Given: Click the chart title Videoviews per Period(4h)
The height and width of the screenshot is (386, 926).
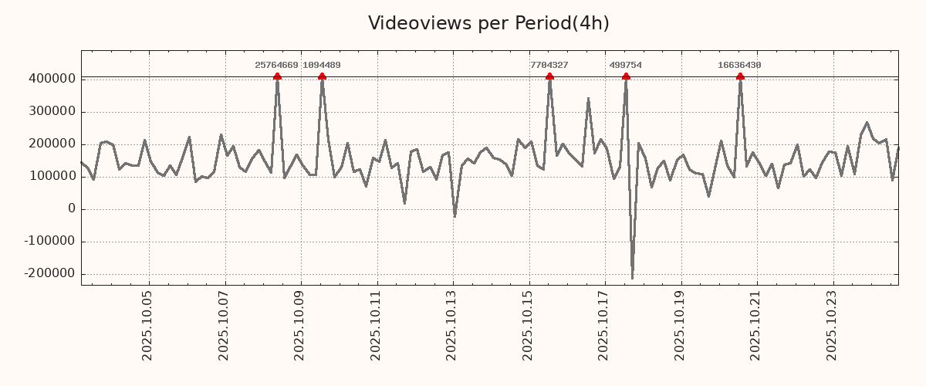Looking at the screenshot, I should coord(488,23).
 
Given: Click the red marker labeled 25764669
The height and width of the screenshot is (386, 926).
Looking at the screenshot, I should coord(277,76).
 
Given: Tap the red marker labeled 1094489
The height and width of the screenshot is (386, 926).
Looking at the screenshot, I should coord(322,76).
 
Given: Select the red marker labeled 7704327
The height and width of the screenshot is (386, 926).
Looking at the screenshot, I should coord(549,76).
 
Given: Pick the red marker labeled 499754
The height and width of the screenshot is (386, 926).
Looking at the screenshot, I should coord(626,76).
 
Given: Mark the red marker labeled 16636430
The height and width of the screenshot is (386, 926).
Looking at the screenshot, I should coord(740,76).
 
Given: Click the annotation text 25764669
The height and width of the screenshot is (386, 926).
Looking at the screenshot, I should coord(276,65).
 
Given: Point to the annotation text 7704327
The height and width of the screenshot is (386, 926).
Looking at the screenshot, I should coord(549,65).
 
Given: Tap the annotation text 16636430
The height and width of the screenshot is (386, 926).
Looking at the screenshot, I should coord(739,65).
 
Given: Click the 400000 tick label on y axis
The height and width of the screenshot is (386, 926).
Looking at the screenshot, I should coord(52,79).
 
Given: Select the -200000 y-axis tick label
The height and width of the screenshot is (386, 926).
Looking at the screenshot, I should coord(49,273).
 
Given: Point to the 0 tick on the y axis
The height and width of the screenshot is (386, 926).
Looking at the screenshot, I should coord(72,208).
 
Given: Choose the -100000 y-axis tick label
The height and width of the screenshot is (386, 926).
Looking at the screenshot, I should coord(49,241).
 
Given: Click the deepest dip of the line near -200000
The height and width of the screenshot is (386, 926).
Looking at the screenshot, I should coord(632,279).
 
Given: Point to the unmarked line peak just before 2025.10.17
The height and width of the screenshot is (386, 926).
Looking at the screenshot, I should coord(588,99).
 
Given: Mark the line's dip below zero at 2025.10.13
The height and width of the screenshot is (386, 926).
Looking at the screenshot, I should coord(455,217).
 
